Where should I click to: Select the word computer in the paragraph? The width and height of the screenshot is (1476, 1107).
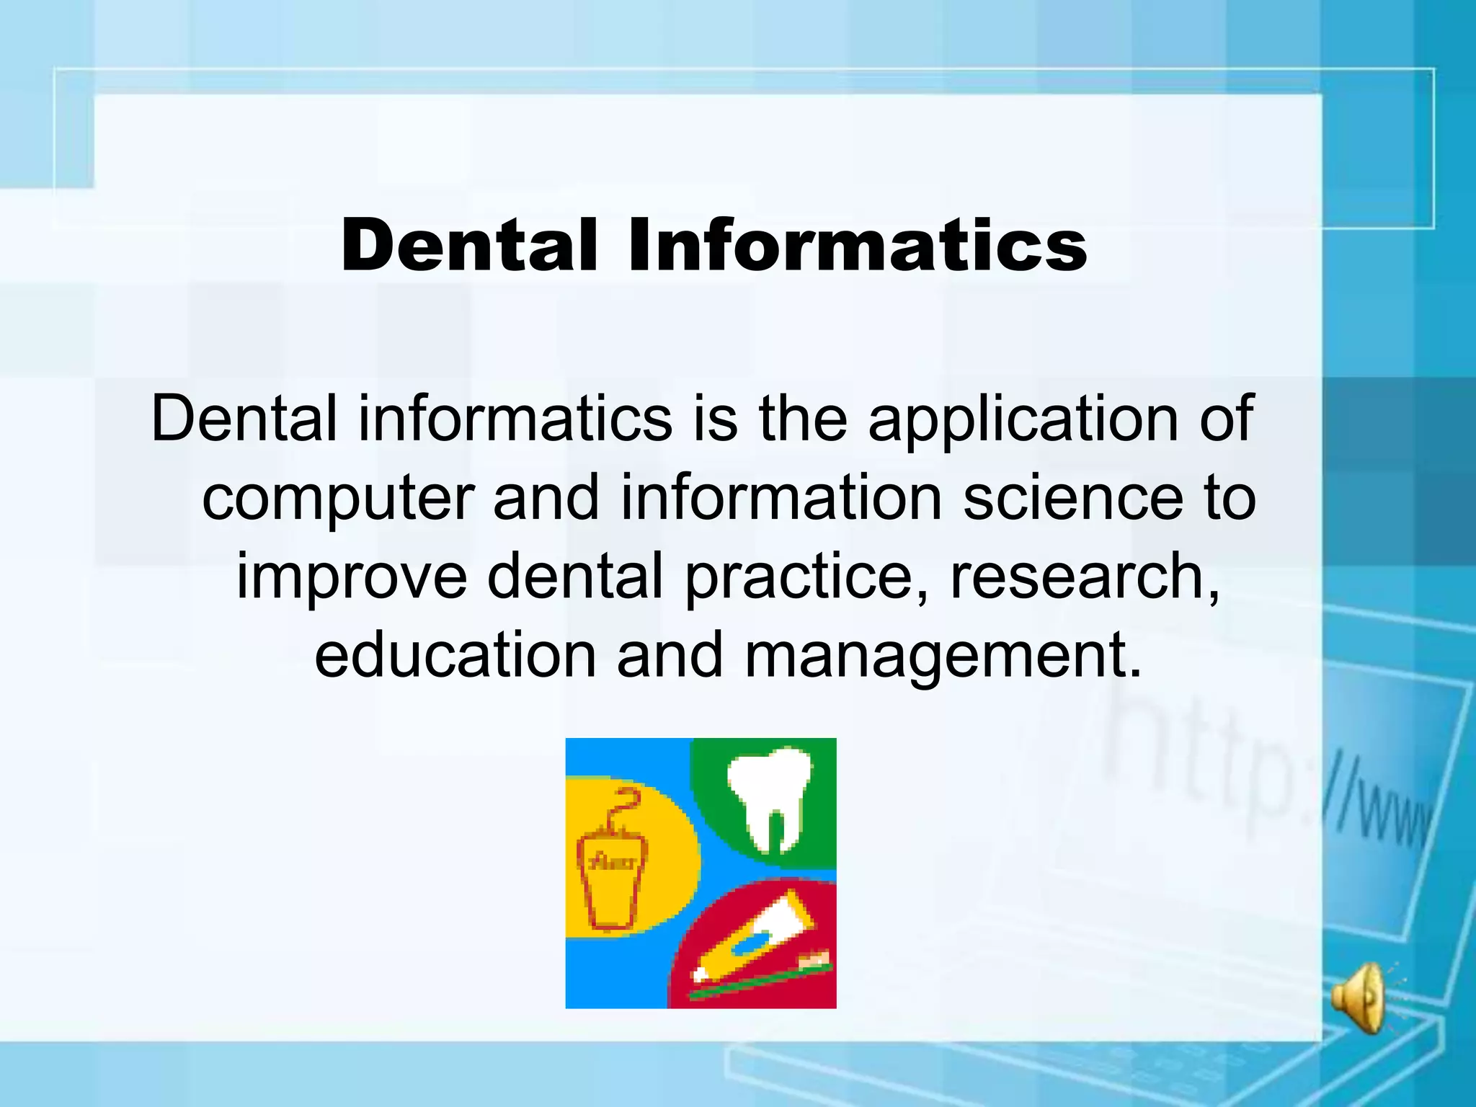point(337,499)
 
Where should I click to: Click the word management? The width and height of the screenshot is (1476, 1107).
point(943,656)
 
